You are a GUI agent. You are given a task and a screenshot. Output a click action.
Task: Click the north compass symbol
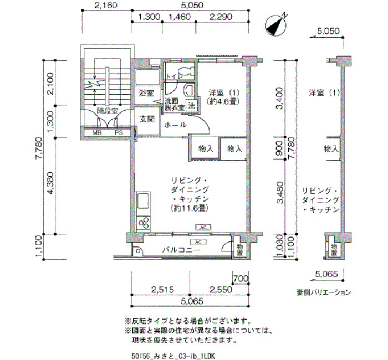pos(275,25)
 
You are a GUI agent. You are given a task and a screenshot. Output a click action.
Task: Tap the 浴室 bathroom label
pos(146,93)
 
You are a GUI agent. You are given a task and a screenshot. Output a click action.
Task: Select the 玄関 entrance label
pos(147,119)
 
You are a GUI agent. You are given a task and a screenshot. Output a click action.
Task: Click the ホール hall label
pos(175,125)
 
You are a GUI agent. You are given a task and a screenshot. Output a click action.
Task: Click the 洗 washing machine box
pos(192,106)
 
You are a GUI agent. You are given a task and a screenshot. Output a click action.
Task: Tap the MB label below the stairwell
pos(97,132)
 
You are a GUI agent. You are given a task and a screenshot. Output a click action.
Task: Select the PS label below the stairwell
pos(119,132)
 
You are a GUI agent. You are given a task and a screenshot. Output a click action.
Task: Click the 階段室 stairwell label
pos(108,111)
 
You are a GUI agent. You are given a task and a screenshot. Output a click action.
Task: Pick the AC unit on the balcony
pos(198,242)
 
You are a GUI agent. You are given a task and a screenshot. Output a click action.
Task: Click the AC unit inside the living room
pos(203,227)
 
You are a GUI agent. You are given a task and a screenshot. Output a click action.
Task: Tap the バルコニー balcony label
pos(181,250)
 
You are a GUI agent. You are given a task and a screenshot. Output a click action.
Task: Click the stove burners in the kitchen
pos(144,223)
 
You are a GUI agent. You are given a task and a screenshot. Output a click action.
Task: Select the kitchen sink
pos(143,202)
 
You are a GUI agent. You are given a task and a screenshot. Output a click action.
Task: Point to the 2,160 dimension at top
pos(106,5)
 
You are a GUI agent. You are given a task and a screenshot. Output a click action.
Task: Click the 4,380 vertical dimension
pos(50,183)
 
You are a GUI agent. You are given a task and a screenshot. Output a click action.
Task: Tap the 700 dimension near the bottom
pos(241,279)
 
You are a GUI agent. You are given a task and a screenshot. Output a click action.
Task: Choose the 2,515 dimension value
pos(162,289)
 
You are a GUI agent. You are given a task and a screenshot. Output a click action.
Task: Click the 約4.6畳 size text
pos(224,101)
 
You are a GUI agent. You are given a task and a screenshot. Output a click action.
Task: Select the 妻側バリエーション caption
pos(324,292)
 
